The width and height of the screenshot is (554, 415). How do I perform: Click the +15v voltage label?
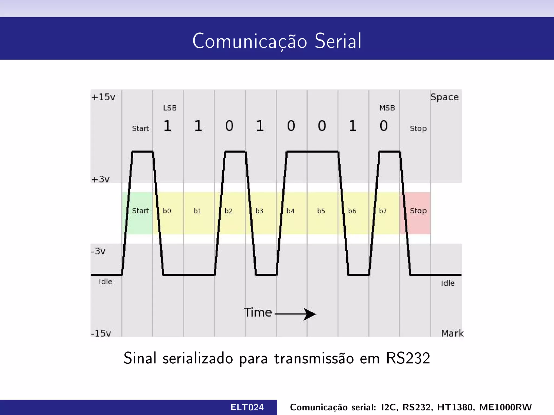[103, 97]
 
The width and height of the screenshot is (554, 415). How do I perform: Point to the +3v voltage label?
[100, 179]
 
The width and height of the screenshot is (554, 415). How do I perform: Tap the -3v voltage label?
[98, 251]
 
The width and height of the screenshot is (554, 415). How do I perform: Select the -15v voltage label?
[101, 333]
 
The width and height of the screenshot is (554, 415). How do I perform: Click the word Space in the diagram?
[444, 97]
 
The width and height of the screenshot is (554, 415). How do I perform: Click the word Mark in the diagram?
[452, 333]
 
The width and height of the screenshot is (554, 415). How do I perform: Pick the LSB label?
[170, 108]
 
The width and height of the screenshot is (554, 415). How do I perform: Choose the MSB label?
[387, 108]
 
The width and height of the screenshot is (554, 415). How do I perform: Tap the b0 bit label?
[167, 211]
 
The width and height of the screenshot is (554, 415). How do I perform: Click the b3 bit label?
[259, 211]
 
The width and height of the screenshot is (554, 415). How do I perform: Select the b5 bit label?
[321, 211]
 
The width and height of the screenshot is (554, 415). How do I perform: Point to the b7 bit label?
[383, 211]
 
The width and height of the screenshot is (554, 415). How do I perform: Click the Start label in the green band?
[140, 211]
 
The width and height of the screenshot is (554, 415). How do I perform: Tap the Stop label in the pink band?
[418, 211]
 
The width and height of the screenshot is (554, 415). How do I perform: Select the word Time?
[258, 312]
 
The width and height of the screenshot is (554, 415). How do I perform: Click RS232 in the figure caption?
[408, 358]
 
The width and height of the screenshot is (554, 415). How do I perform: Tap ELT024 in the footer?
[247, 407]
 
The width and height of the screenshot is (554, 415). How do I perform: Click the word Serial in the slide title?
[338, 41]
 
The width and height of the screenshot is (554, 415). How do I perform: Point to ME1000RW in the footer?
[505, 407]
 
